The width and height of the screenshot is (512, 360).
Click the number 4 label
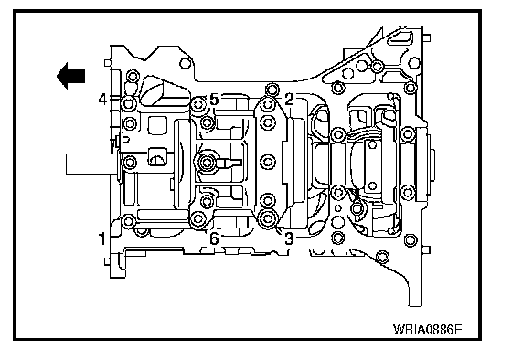(x=102, y=99)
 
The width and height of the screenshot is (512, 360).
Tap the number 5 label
(x=214, y=100)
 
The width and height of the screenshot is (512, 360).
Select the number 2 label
(x=289, y=100)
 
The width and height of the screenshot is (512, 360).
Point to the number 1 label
(x=102, y=238)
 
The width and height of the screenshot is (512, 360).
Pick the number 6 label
(x=214, y=238)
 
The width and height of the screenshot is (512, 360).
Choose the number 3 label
(x=289, y=238)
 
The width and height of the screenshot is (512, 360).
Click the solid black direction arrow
(x=71, y=76)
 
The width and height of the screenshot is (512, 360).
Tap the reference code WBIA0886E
(x=428, y=329)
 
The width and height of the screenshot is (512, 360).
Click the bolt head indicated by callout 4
(x=128, y=104)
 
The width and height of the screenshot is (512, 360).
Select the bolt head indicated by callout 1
(x=128, y=222)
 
